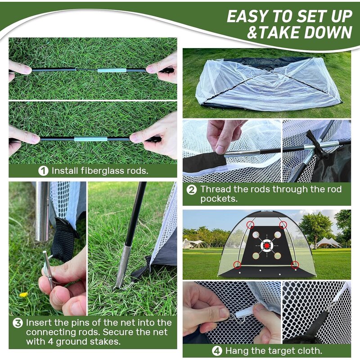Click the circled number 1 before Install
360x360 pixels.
point(44,171)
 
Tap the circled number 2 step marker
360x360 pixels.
point(191,190)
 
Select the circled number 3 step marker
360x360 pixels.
point(18,323)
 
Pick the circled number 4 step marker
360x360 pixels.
point(216,351)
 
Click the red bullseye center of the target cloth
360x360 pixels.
point(267,245)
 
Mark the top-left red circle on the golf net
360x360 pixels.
point(251,225)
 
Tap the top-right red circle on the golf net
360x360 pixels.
point(283,225)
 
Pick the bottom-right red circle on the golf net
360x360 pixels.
point(295,265)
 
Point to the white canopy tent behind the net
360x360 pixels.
point(328,243)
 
